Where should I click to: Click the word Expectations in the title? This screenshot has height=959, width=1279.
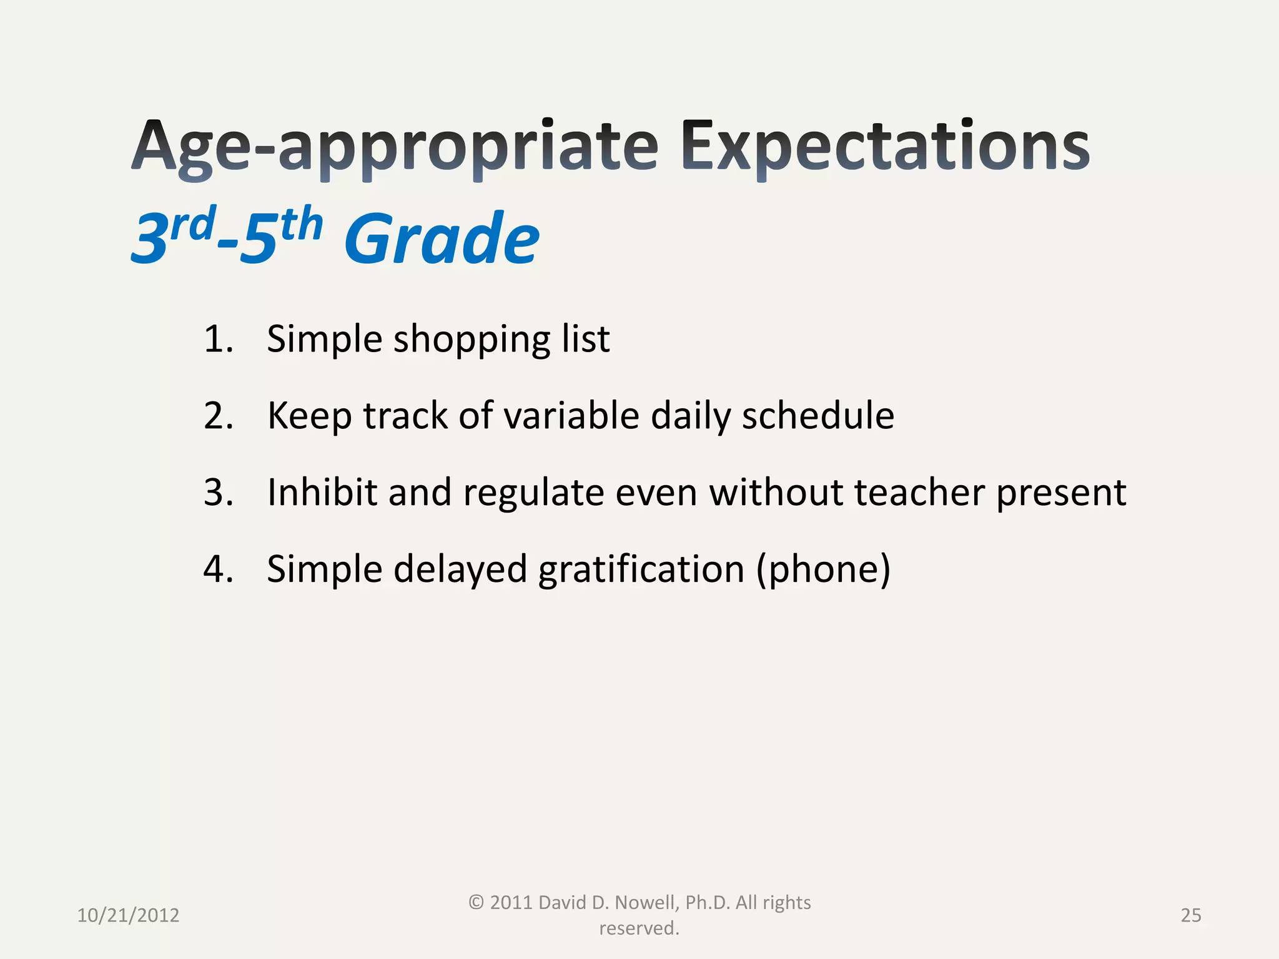click(x=886, y=147)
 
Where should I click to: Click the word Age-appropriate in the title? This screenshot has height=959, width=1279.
click(x=395, y=147)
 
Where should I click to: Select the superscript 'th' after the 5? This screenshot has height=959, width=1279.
click(x=301, y=225)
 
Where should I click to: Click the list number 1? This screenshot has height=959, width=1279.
click(x=218, y=339)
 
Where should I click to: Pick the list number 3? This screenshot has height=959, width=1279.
click(x=218, y=493)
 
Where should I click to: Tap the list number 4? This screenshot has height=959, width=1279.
click(x=218, y=569)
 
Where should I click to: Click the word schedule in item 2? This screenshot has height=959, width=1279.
click(x=817, y=416)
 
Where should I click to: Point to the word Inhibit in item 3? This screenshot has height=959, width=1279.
click(x=322, y=493)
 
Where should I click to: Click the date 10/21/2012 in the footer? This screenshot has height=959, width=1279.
click(x=128, y=915)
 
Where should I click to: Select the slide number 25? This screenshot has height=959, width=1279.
click(x=1190, y=915)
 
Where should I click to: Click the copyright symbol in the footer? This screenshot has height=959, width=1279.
click(x=476, y=902)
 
